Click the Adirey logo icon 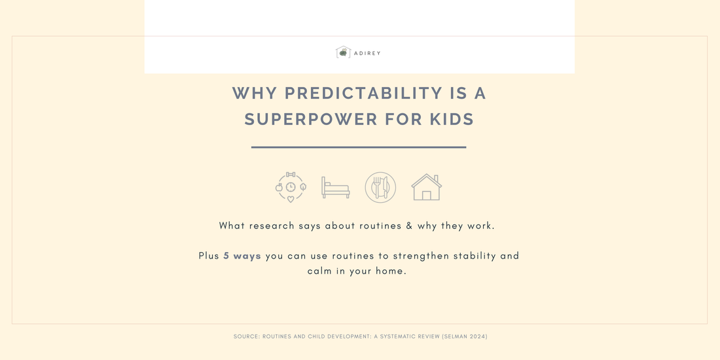tap(343, 52)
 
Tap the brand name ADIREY tap(367, 53)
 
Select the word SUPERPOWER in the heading tap(311, 119)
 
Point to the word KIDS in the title tap(452, 119)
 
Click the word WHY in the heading tap(255, 93)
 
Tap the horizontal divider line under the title tap(359, 147)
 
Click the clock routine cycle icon tap(291, 187)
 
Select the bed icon tap(336, 187)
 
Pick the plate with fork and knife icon tap(381, 187)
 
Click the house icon tap(427, 187)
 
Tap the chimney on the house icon tap(436, 178)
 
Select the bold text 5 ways tap(242, 256)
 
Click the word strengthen tap(421, 256)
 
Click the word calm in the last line tap(319, 271)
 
